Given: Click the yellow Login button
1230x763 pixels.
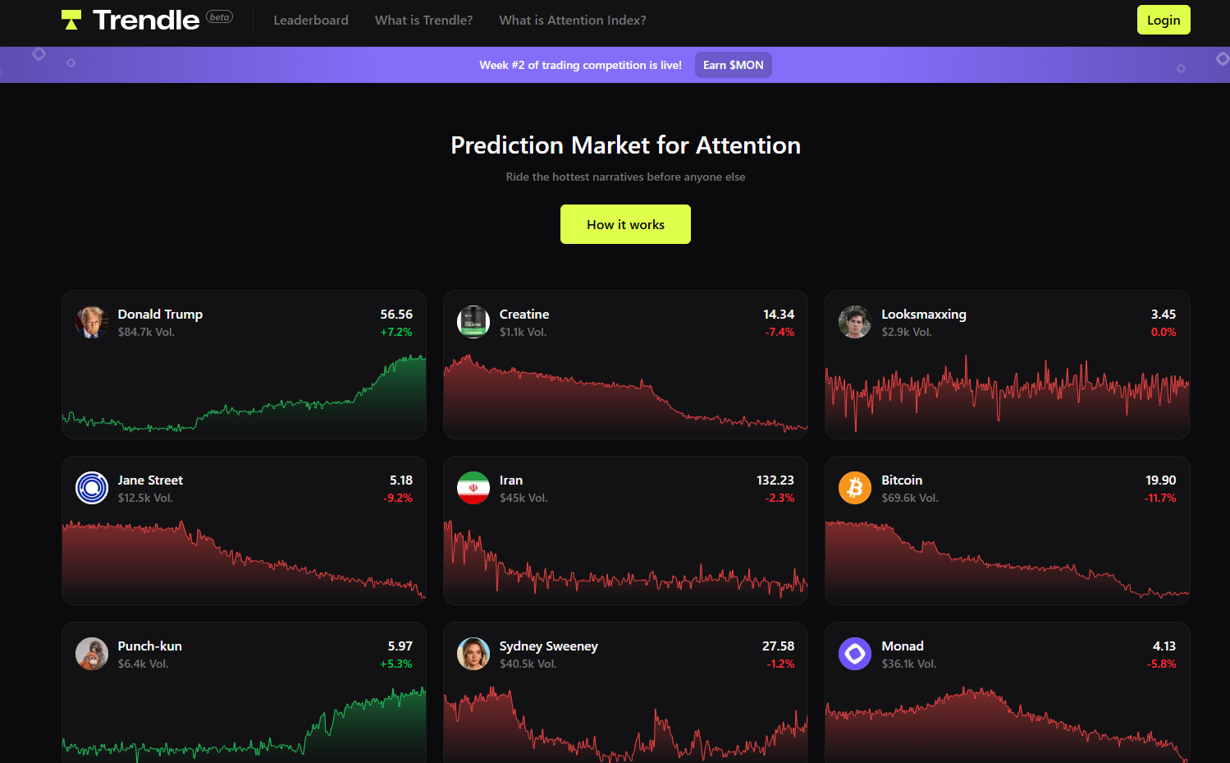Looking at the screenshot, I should click(1163, 20).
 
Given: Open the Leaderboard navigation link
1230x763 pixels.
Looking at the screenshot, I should click(310, 20).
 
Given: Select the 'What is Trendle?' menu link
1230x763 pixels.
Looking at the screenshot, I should click(423, 20).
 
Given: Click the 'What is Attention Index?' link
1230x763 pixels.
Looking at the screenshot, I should click(572, 20).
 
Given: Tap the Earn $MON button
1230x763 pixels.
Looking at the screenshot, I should click(733, 65).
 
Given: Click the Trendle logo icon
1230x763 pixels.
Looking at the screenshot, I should click(71, 20).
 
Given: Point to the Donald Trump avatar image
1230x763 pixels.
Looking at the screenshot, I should click(92, 323).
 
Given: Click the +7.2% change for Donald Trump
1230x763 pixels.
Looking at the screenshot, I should click(396, 332).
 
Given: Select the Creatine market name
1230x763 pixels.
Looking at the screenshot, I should click(524, 314).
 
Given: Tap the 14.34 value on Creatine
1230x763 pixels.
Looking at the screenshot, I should click(778, 314).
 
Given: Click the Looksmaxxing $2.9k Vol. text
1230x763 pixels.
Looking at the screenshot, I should click(906, 332).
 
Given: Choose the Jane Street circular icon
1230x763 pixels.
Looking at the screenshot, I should click(92, 488).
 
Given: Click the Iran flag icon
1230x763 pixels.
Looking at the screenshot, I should click(473, 488).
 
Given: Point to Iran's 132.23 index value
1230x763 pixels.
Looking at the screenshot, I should click(775, 480).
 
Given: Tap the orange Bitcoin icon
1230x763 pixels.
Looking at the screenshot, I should click(855, 488).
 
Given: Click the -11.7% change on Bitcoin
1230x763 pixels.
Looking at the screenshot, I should click(1160, 498).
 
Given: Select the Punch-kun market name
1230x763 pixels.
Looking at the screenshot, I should click(149, 646).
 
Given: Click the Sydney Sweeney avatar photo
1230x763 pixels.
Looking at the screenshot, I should click(473, 654).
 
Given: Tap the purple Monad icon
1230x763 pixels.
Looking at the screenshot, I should click(855, 654).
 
